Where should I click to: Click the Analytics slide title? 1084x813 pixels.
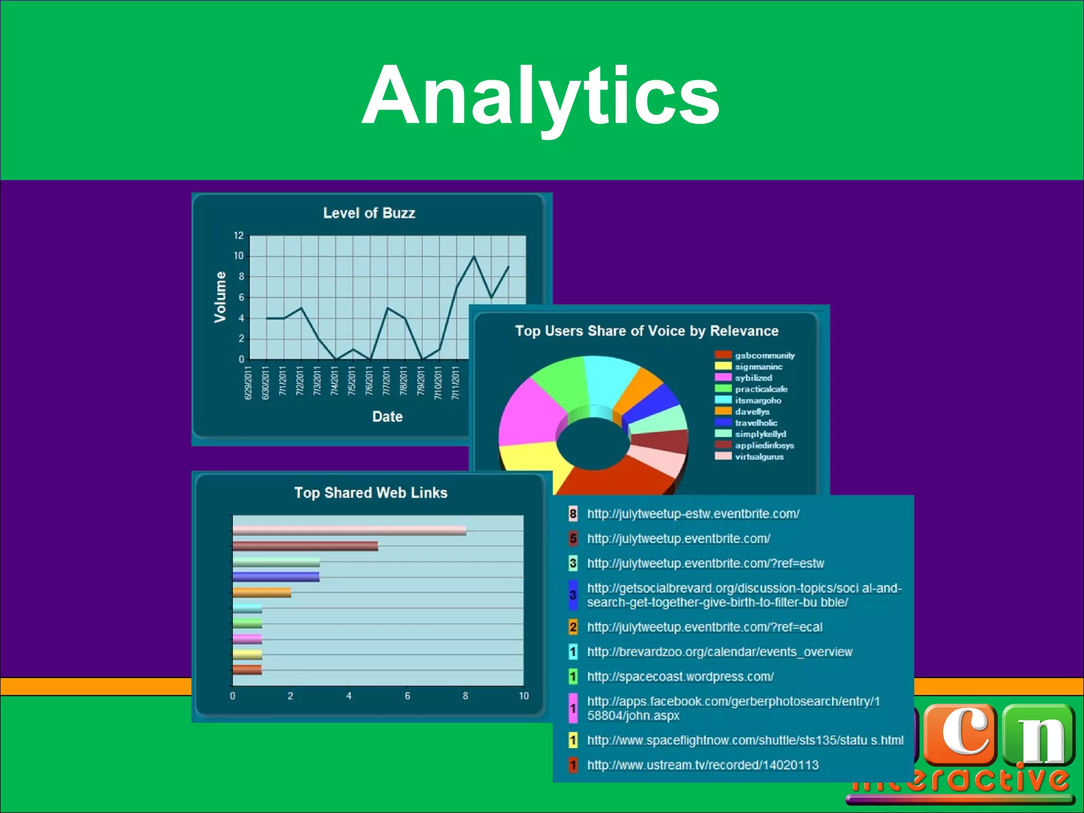pos(540,95)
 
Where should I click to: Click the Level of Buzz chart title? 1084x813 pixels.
pos(369,213)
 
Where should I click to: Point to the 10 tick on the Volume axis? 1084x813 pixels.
pos(239,256)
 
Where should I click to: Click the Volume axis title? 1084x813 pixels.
pos(220,297)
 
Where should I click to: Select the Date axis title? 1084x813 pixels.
pos(387,417)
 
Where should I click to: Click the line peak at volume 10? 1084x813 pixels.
pos(474,256)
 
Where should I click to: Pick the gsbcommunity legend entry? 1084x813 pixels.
pos(764,356)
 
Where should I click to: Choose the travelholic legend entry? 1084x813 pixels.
pos(756,423)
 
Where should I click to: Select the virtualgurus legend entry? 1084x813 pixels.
pos(759,457)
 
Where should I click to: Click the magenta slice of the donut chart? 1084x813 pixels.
pos(529,413)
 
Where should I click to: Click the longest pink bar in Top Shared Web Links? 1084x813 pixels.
pos(349,530)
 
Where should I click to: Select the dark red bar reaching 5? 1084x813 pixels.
pos(305,546)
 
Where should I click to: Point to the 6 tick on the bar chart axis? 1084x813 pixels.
pos(408,696)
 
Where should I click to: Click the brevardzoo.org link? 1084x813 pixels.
pos(719,652)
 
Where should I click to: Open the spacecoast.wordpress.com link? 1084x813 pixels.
pos(680,677)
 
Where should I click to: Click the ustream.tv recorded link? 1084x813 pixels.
pos(702,765)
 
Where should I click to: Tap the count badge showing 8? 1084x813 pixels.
pos(573,513)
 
